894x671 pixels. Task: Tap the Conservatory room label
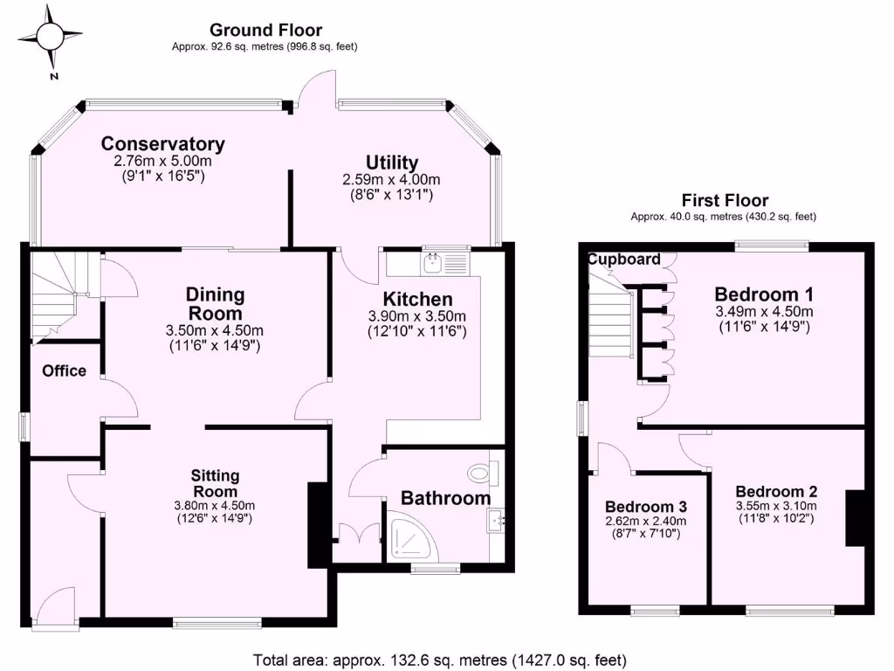click(162, 144)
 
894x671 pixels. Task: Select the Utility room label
click(392, 163)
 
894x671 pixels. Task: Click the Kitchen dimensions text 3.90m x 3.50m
click(416, 316)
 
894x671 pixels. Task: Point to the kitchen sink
click(433, 262)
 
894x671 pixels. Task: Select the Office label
click(65, 370)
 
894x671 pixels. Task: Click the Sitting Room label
click(216, 483)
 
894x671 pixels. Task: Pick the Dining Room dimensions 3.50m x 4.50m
click(214, 330)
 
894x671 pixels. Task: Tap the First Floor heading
click(724, 201)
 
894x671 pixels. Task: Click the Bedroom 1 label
click(757, 294)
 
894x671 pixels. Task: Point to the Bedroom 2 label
click(776, 491)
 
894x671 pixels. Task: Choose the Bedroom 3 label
click(646, 507)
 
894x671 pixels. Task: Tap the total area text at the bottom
click(439, 661)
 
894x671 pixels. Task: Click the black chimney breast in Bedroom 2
click(854, 519)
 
